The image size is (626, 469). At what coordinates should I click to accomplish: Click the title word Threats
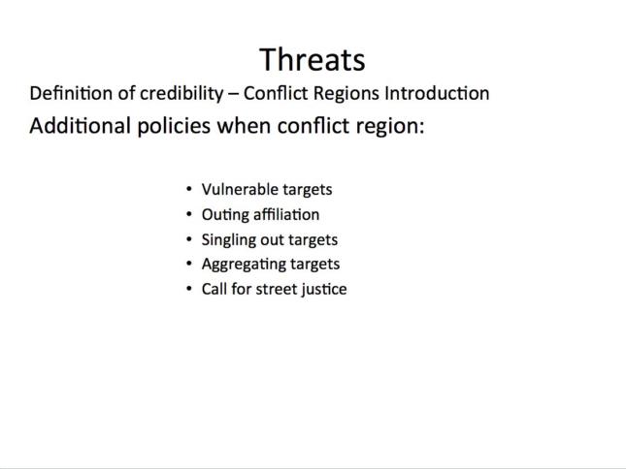click(x=313, y=60)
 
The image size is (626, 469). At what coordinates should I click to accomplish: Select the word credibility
click(x=181, y=94)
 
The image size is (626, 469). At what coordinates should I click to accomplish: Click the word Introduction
click(x=437, y=93)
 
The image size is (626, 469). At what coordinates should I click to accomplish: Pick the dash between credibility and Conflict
click(x=234, y=95)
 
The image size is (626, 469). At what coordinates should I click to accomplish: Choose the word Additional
click(x=81, y=126)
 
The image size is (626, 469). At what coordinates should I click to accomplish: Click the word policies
click(x=174, y=127)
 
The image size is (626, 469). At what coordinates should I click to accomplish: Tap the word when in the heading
click(x=244, y=126)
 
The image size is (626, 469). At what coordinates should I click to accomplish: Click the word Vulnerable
click(x=234, y=189)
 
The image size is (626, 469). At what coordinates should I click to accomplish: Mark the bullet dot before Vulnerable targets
click(x=189, y=189)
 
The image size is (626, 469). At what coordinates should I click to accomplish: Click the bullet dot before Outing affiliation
click(x=189, y=214)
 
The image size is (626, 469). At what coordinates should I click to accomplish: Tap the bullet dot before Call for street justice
click(x=189, y=289)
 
